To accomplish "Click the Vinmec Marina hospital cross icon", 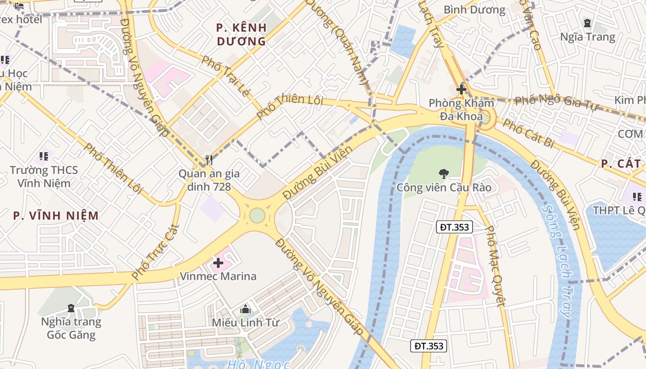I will coord(218,263).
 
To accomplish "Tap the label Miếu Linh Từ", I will coord(245,322).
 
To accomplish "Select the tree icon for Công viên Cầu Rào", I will coord(443,174).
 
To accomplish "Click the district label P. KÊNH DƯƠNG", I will coord(241,34).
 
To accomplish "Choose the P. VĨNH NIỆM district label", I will coord(56,215).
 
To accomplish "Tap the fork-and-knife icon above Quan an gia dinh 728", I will coord(209,160).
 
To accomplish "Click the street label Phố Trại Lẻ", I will coord(226,76).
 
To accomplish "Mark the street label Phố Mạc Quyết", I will coord(496,266).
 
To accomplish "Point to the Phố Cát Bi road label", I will coord(528,133).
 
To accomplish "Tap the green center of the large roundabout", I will coord(257,215).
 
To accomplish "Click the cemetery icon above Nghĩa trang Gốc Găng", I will coord(71,308).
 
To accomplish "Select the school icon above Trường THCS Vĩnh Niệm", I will coord(44,156).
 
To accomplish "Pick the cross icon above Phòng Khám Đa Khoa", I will coord(461,89).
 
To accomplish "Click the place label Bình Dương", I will coord(474,10).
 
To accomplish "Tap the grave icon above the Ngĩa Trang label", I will coord(587,23).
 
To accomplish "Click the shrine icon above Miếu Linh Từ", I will coord(245,309).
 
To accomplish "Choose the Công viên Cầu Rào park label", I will coord(444,188).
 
